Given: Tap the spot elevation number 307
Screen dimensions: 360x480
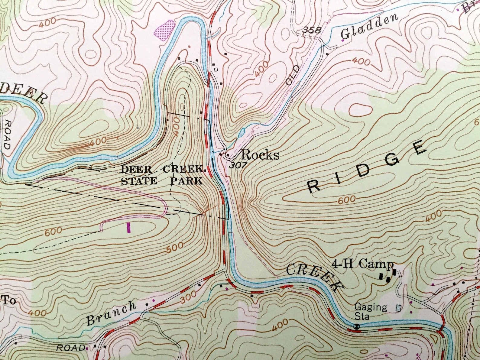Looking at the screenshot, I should coord(238,165).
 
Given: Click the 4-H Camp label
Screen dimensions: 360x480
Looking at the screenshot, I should coord(362,264).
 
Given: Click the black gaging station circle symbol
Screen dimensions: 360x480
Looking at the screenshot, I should coord(357,326).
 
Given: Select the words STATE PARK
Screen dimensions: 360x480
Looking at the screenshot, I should coord(162,181).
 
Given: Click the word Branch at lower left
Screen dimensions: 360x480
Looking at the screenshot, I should coord(111,313).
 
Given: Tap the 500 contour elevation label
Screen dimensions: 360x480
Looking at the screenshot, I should coord(175,248).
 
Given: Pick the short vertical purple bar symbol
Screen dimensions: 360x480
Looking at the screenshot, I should coord(129,227).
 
